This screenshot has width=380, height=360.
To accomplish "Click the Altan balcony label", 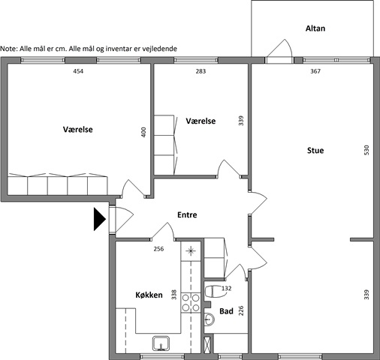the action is pyautogui.click(x=315, y=28).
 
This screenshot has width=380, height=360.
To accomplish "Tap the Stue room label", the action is pyautogui.click(x=315, y=151).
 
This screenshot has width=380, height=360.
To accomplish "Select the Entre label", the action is pyautogui.click(x=187, y=214).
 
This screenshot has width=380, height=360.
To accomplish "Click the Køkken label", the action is pyautogui.click(x=149, y=295).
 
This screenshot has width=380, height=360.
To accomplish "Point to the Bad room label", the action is pyautogui.click(x=226, y=311).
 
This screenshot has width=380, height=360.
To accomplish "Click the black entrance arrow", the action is pyautogui.click(x=100, y=219).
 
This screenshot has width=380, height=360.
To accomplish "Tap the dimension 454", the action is pyautogui.click(x=78, y=71).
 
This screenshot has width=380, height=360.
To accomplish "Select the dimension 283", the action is pyautogui.click(x=201, y=71).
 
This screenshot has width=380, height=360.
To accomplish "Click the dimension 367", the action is pyautogui.click(x=315, y=71).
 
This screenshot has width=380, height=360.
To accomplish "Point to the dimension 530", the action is pyautogui.click(x=366, y=150).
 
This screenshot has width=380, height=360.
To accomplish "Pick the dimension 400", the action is pyautogui.click(x=143, y=132).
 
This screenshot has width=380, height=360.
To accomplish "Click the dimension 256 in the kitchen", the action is pyautogui.click(x=158, y=249).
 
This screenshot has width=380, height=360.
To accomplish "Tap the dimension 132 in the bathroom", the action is pyautogui.click(x=226, y=288).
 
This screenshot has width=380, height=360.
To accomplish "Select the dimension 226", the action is pyautogui.click(x=241, y=310).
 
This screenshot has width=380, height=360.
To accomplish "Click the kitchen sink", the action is pyautogui.click(x=161, y=343).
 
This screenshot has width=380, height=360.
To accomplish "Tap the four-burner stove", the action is pyautogui.click(x=191, y=302).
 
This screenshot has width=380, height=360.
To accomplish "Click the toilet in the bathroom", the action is pyautogui.click(x=213, y=291).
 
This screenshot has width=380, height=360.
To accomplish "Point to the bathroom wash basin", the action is pyautogui.click(x=210, y=319).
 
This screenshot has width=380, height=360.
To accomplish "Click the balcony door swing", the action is pyautogui.click(x=280, y=48).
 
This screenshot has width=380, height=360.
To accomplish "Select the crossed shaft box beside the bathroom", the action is pyautogui.click(x=207, y=345).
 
